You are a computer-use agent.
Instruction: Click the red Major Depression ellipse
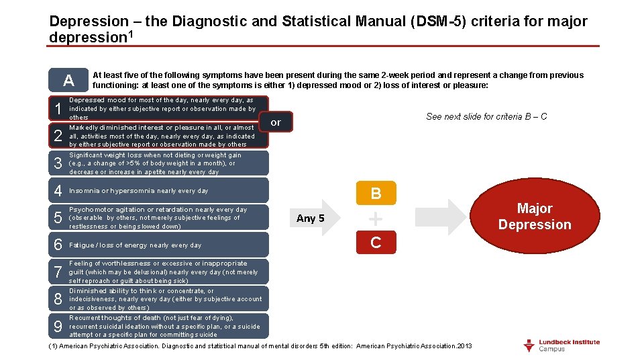(535, 216)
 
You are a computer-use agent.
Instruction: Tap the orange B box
(376, 194)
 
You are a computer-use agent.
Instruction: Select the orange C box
(376, 243)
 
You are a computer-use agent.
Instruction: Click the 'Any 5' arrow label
(311, 218)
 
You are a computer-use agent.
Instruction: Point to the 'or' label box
(275, 122)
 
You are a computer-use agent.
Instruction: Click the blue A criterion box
(68, 81)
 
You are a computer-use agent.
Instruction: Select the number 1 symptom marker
(58, 108)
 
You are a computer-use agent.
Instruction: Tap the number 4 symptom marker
(58, 191)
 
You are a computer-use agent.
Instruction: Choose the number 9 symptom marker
(58, 327)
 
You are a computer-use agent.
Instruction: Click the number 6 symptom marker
(58, 245)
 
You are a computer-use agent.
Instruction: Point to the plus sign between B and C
(376, 219)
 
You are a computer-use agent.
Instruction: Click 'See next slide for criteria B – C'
(486, 116)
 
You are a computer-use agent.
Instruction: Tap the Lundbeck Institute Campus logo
(561, 346)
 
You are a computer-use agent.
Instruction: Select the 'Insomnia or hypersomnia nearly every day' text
(139, 191)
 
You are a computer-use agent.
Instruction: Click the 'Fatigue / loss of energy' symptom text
(136, 245)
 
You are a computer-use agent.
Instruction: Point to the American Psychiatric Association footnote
(260, 346)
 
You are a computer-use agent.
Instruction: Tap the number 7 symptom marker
(58, 272)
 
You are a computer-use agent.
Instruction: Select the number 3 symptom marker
(58, 163)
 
